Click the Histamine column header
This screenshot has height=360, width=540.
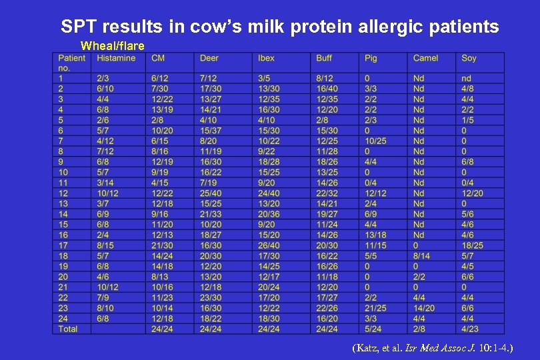(x=116, y=58)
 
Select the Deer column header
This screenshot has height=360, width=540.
(x=209, y=58)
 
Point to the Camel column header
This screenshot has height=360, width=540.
(x=425, y=58)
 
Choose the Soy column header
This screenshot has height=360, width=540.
(x=469, y=58)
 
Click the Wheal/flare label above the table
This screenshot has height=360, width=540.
(x=112, y=46)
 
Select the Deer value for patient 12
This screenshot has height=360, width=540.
(x=211, y=193)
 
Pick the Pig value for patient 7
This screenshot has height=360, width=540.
(x=375, y=141)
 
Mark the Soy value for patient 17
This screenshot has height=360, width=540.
(x=473, y=245)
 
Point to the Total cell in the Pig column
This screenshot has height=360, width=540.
(x=373, y=329)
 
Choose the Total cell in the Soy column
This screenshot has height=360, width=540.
(x=470, y=329)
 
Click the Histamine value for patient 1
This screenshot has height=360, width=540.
(x=104, y=79)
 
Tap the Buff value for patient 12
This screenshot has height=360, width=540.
(x=327, y=193)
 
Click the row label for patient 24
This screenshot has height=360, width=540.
(x=63, y=318)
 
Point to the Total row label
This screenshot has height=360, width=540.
(x=68, y=329)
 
